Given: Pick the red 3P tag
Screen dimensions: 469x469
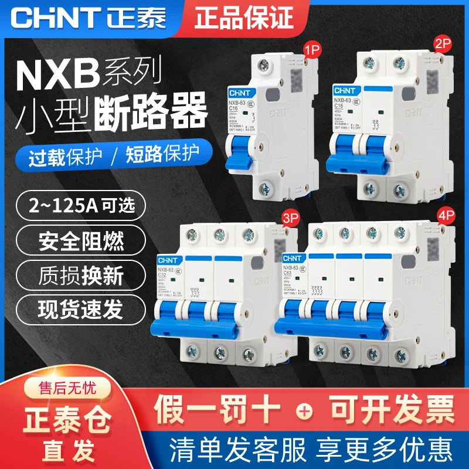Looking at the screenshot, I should [271, 219].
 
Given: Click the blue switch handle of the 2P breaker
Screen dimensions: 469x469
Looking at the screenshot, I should [358, 154].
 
